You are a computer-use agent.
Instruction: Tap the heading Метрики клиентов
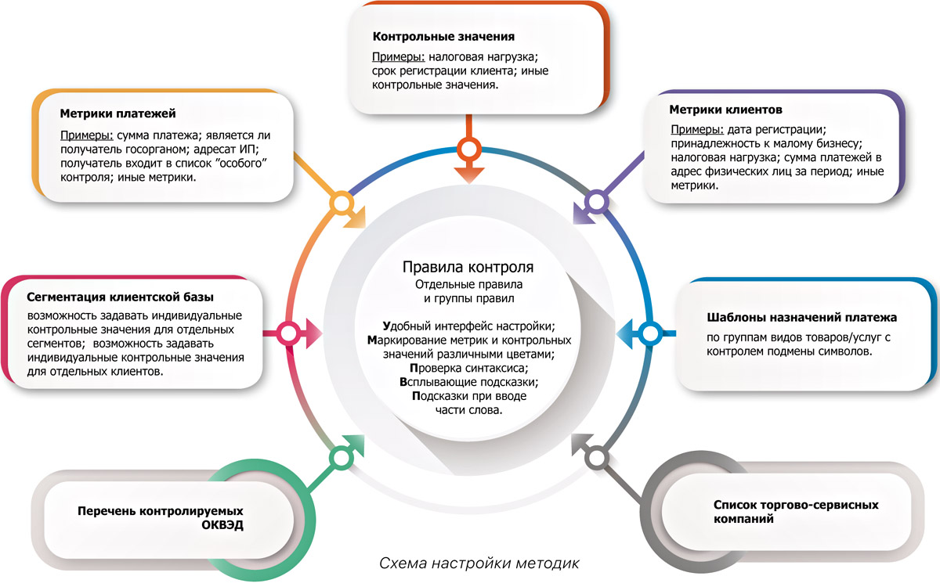725,110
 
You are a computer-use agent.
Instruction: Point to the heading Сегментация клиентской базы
121,297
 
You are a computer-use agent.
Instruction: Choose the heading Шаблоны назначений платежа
801,318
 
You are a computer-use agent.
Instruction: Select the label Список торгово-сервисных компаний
786,511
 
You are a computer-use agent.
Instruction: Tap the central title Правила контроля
468,267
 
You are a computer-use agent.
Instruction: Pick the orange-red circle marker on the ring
468,149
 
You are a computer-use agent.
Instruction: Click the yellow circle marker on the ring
340,205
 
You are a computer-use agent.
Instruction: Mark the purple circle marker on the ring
597,203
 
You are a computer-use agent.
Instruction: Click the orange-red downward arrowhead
468,174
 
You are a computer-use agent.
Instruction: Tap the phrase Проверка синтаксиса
468,368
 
